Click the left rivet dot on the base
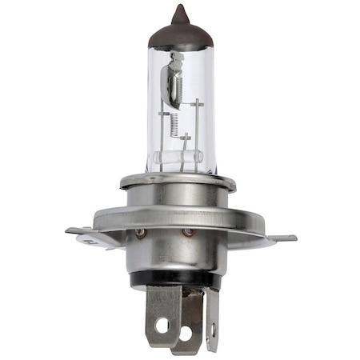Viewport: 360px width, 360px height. pyautogui.click(x=141, y=233)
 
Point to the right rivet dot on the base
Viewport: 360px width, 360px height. pyautogui.click(x=188, y=233)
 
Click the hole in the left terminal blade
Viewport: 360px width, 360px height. pyautogui.click(x=162, y=326)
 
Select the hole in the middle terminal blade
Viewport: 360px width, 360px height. pyautogui.click(x=186, y=330)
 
